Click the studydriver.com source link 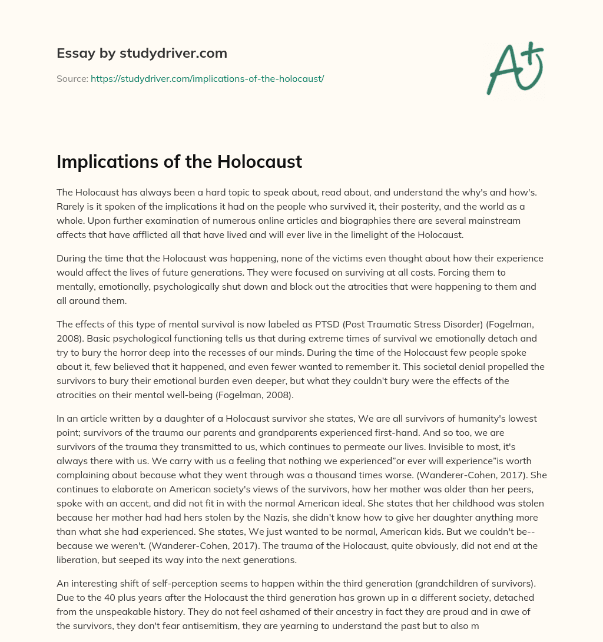207,78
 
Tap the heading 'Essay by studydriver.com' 142,53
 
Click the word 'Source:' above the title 72,78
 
